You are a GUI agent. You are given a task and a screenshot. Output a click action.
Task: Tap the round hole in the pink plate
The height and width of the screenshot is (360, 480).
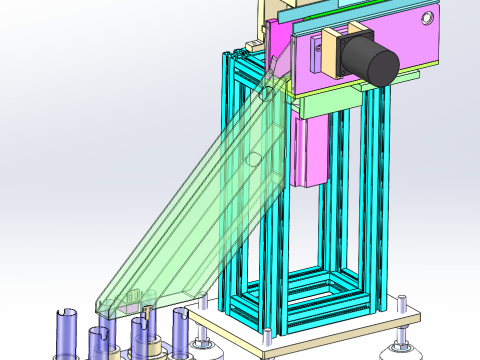pos(427,19)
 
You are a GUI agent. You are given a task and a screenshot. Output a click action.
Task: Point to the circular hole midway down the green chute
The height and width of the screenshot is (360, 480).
pos(255,158)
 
